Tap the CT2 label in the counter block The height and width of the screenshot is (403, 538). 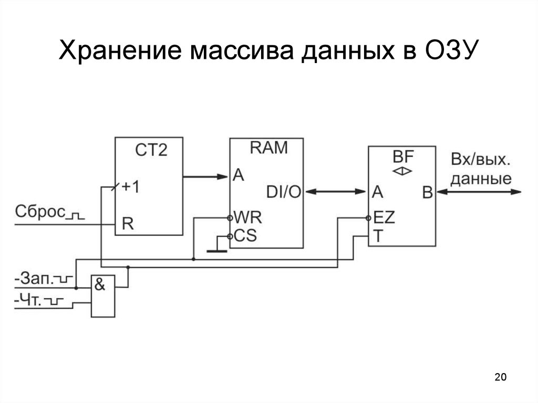coord(151,150)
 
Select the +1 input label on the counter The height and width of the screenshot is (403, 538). coord(130,188)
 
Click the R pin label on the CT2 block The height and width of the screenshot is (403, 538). coord(128,224)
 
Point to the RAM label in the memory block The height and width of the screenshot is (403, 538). coord(268,148)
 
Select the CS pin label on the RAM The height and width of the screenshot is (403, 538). coord(245,236)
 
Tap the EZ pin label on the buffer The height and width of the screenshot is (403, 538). coord(384,217)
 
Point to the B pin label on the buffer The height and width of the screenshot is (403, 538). coord(427,193)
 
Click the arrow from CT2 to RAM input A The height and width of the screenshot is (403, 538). coord(205,177)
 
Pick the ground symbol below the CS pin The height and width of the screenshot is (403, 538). coord(216,249)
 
